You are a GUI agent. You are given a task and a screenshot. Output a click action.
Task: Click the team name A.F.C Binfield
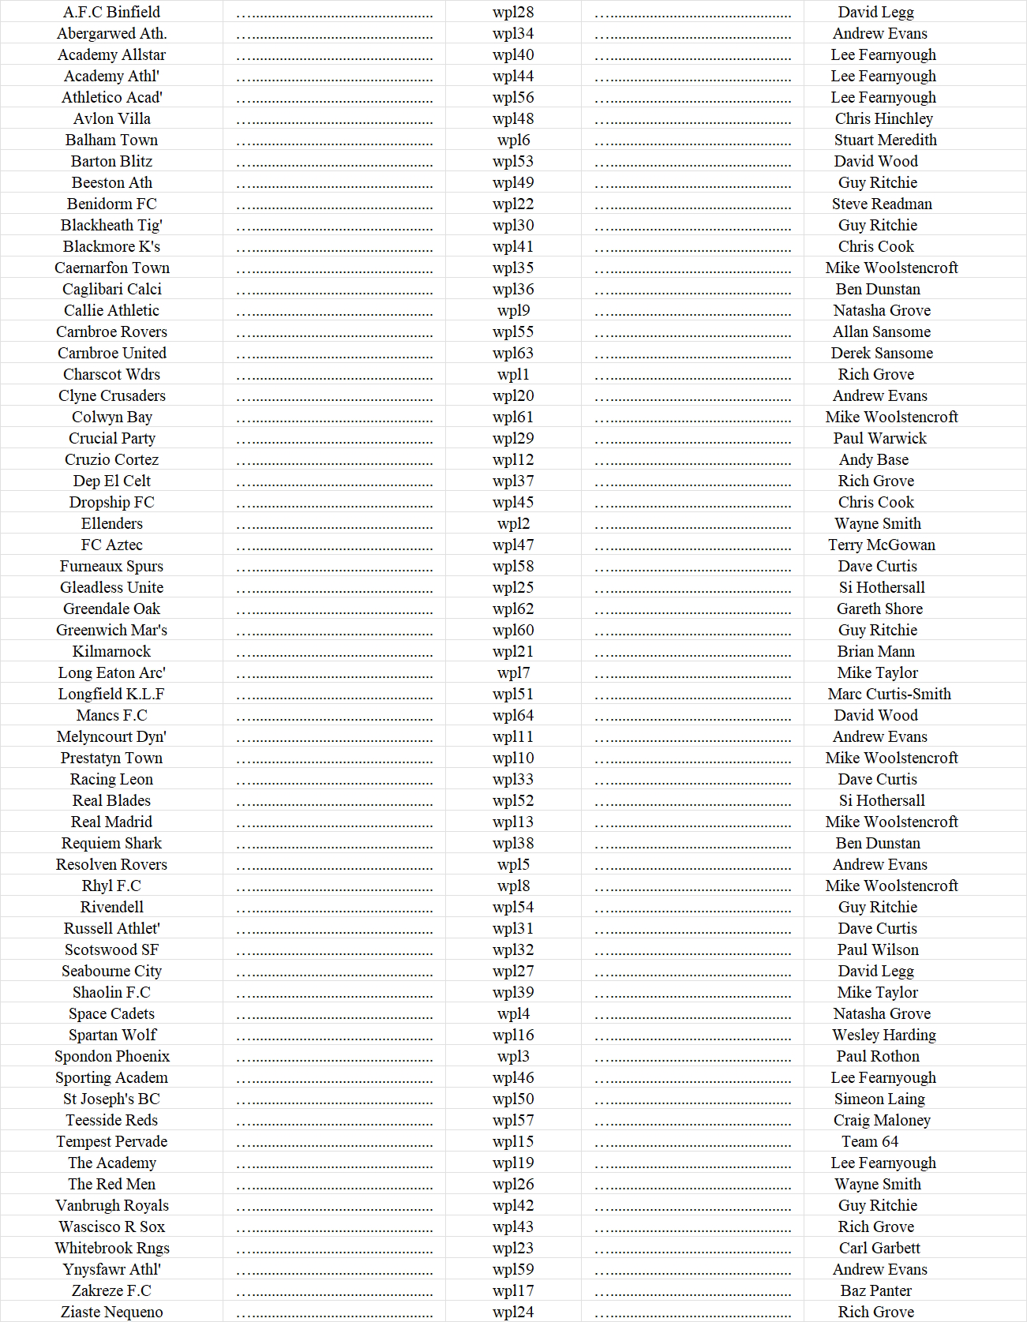pyautogui.click(x=111, y=12)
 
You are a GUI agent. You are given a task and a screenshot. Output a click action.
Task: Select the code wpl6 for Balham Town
pyautogui.click(x=513, y=140)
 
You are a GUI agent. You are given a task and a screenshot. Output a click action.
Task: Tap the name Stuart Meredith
pyautogui.click(x=885, y=140)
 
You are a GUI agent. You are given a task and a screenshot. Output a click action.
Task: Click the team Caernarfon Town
pyautogui.click(x=111, y=268)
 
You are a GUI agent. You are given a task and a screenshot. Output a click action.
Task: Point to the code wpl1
pyautogui.click(x=513, y=374)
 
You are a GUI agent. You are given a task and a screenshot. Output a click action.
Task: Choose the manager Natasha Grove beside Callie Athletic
pyautogui.click(x=881, y=310)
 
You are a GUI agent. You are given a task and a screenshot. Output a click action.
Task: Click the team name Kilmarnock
pyautogui.click(x=111, y=651)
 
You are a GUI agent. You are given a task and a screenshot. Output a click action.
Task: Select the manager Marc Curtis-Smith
pyautogui.click(x=889, y=694)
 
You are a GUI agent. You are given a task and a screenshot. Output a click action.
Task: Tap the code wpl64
pyautogui.click(x=513, y=715)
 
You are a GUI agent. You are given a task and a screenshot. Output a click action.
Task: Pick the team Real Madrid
pyautogui.click(x=111, y=822)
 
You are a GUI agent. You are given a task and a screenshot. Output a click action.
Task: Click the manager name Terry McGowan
pyautogui.click(x=881, y=545)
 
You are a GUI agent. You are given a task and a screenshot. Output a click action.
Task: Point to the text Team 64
pyautogui.click(x=869, y=1141)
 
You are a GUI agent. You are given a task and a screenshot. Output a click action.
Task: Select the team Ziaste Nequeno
pyautogui.click(x=111, y=1312)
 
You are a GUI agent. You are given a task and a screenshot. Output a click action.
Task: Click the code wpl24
pyautogui.click(x=513, y=1312)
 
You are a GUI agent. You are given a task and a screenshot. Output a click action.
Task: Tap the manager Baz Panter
pyautogui.click(x=875, y=1290)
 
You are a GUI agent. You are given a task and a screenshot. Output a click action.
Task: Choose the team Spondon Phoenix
pyautogui.click(x=111, y=1056)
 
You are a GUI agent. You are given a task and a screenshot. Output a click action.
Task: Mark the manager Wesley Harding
pyautogui.click(x=883, y=1035)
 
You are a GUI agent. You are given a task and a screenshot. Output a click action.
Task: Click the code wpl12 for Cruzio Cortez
pyautogui.click(x=513, y=459)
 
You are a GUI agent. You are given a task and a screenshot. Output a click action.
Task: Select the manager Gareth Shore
pyautogui.click(x=879, y=609)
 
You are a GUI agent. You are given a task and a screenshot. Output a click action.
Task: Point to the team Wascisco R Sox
pyautogui.click(x=111, y=1227)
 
